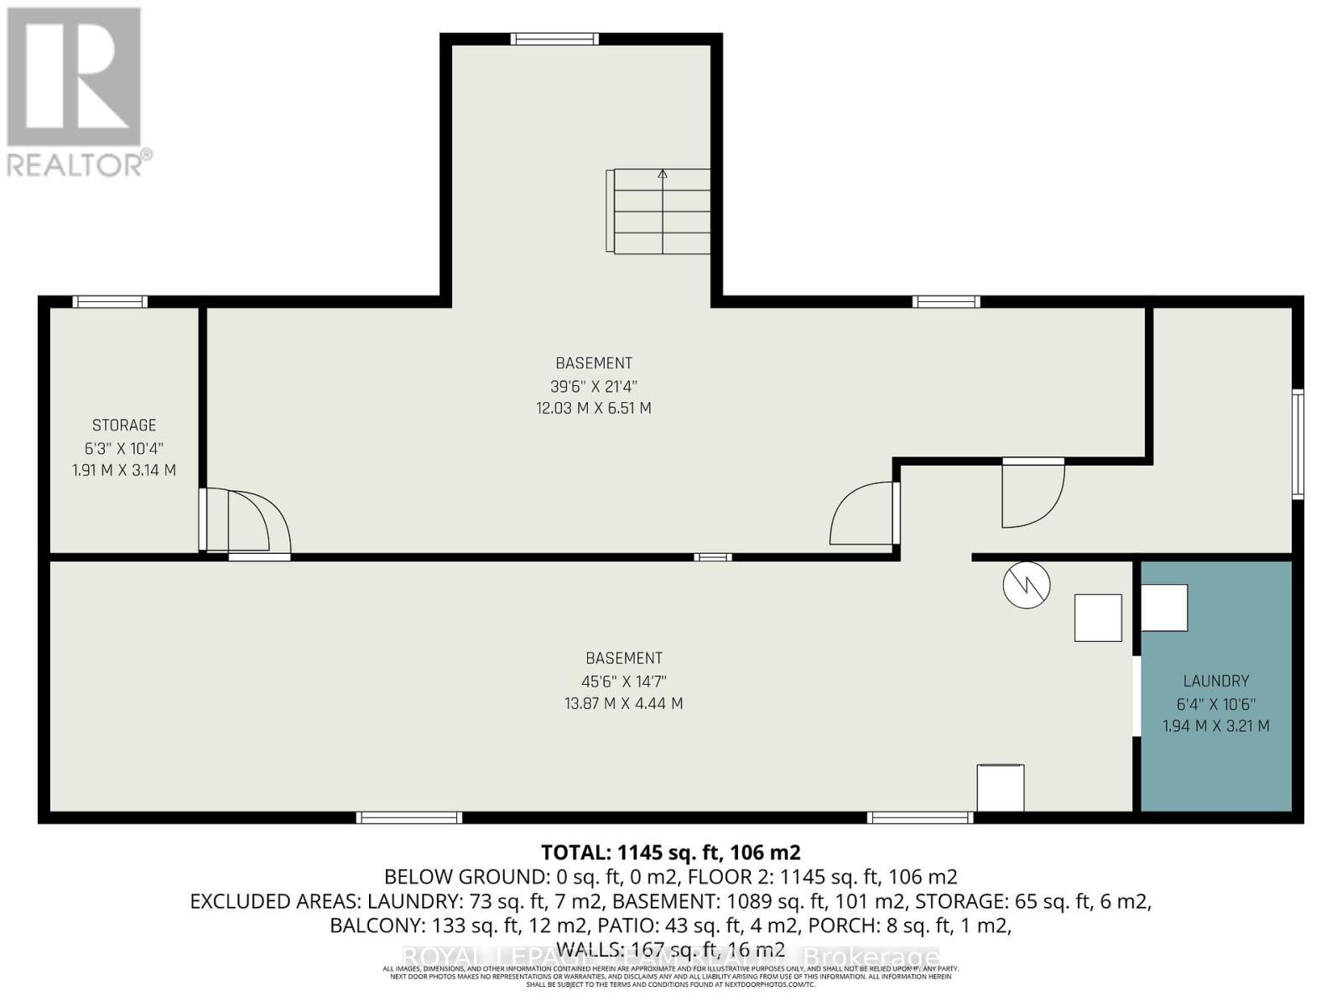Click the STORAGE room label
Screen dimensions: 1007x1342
tap(124, 425)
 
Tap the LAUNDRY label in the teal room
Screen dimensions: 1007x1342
tap(1215, 681)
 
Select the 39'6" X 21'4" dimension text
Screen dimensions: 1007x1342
tap(594, 387)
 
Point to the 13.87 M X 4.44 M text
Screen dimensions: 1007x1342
tap(623, 704)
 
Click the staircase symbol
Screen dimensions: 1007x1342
tap(661, 211)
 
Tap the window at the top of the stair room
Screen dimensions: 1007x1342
tap(554, 39)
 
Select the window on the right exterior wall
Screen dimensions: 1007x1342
tap(1298, 445)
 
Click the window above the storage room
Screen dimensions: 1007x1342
tap(110, 302)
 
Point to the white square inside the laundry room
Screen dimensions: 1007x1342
tap(1164, 608)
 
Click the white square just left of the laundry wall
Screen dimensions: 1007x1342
tap(1098, 618)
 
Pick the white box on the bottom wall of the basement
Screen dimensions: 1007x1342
tap(1000, 787)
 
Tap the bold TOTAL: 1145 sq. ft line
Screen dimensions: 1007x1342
tap(671, 853)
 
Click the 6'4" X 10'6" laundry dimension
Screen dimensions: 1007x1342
tap(1215, 705)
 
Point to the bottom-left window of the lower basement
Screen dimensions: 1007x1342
tap(409, 817)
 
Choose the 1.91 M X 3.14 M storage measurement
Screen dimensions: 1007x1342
tap(124, 471)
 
